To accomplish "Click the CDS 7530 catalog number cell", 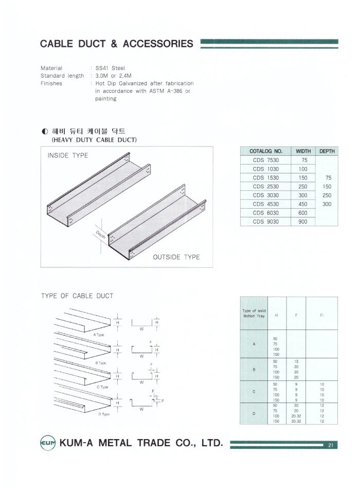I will click(x=266, y=160).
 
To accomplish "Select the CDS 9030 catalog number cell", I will click(x=266, y=222).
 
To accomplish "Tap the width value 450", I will click(x=302, y=204).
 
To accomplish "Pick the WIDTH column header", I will click(x=302, y=151).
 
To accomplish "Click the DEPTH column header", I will click(x=327, y=151).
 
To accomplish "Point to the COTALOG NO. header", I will click(x=266, y=151).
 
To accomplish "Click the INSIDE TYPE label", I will click(x=67, y=155).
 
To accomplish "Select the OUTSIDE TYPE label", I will click(x=176, y=257).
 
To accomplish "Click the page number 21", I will click(x=331, y=445).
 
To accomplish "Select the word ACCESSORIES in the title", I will click(x=158, y=44).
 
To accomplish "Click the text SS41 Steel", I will click(x=110, y=68).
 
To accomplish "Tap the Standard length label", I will click(x=62, y=76).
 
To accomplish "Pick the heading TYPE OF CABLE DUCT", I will click(x=77, y=296).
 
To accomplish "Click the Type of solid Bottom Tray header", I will click(x=254, y=313).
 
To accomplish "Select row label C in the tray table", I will click(x=254, y=392).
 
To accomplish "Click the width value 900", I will click(x=302, y=222).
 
